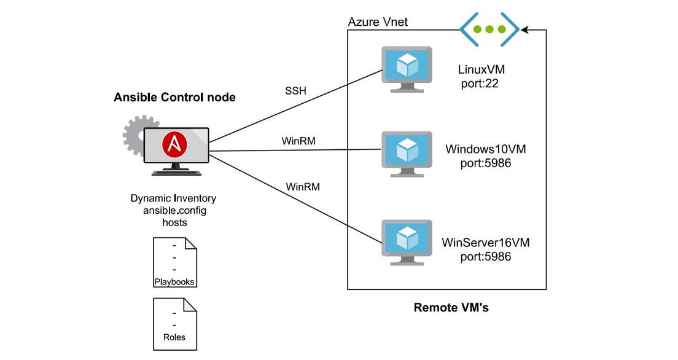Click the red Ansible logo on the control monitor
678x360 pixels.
point(175,146)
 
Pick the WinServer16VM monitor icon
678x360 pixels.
point(407,239)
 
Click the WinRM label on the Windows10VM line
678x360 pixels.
point(298,141)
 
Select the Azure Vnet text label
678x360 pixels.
point(378,23)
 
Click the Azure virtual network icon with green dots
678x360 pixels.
point(489,29)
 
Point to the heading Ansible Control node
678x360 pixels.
point(174,98)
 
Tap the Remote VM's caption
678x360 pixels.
point(451,307)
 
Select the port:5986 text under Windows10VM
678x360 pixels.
point(485,163)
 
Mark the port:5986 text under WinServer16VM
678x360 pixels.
point(485,256)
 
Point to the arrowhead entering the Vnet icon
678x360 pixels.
point(524,29)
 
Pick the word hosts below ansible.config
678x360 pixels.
point(174,222)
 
